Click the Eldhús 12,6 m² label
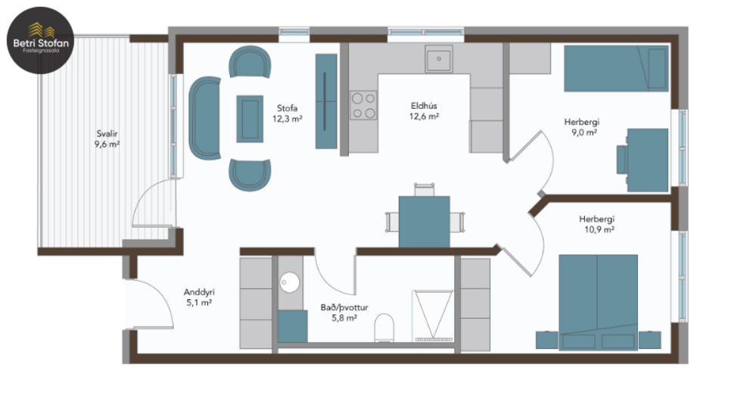(x=425, y=111)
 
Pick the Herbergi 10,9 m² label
(x=599, y=223)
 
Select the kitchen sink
(x=438, y=58)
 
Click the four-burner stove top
(x=363, y=105)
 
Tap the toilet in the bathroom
(x=384, y=328)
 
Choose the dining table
(x=424, y=221)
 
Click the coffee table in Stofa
(x=250, y=117)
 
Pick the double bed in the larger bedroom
(x=598, y=301)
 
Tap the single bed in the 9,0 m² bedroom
(x=616, y=69)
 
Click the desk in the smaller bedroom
(x=647, y=159)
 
